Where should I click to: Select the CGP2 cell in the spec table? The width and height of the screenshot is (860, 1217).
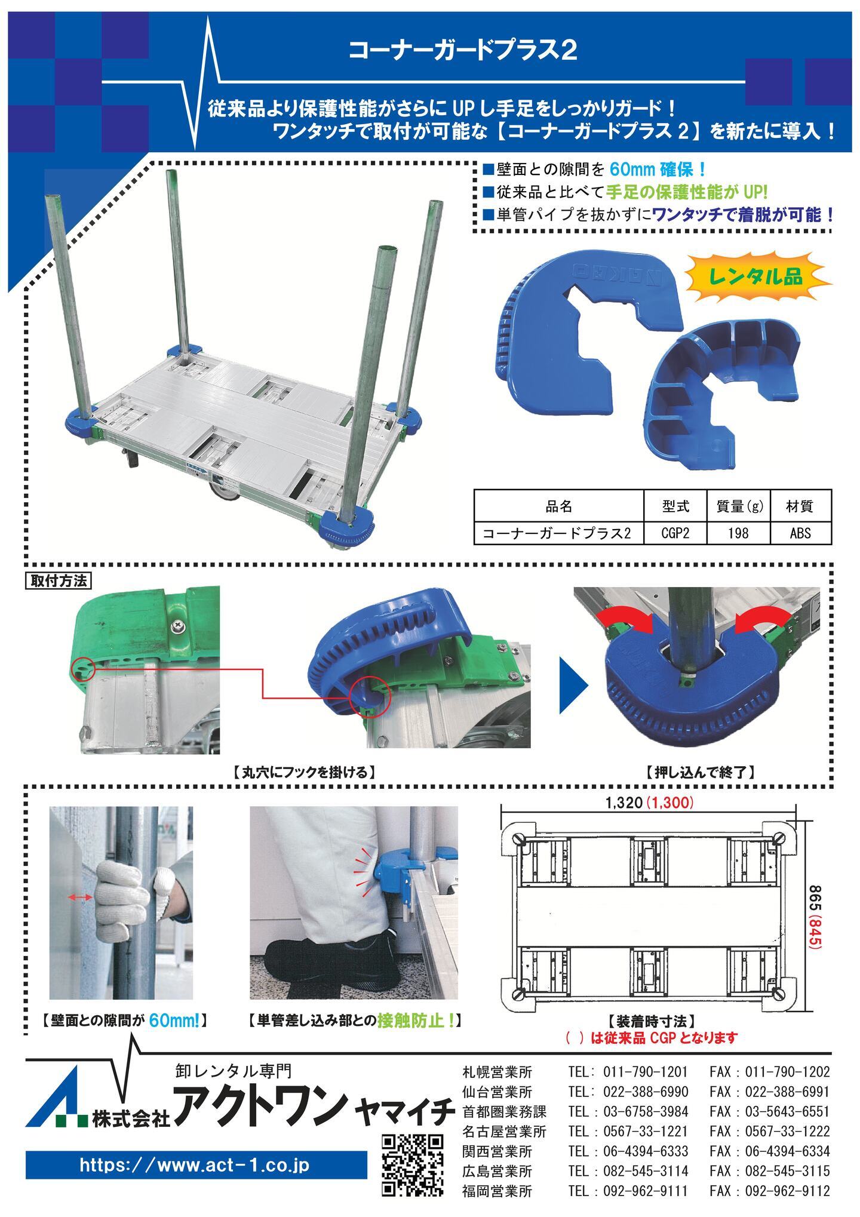(x=675, y=532)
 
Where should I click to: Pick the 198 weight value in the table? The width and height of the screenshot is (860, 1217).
(x=738, y=532)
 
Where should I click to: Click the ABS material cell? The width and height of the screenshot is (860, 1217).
(x=800, y=532)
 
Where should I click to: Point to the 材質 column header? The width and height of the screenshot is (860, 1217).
(x=800, y=507)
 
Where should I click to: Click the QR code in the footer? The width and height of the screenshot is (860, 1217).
(x=413, y=1165)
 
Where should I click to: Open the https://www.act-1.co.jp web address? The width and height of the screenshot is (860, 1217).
(x=195, y=1165)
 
